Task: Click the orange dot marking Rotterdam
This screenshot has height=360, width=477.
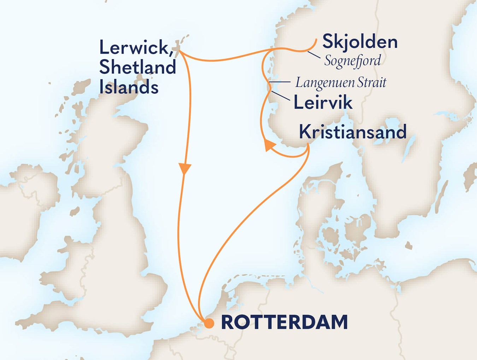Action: (209, 323)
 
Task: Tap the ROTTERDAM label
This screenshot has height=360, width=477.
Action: (284, 322)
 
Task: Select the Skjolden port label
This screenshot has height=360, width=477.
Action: (360, 42)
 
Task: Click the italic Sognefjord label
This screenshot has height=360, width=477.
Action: (353, 60)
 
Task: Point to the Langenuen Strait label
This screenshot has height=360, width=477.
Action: (341, 83)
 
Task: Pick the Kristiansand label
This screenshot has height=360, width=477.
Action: (353, 132)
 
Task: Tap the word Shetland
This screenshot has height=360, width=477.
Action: (138, 67)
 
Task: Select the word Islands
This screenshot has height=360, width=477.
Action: (129, 87)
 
